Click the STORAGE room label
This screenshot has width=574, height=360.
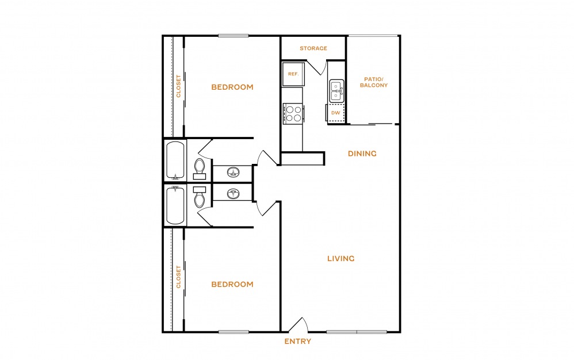click(313, 48)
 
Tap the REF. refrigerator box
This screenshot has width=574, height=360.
click(293, 74)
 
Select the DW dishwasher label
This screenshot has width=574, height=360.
click(336, 113)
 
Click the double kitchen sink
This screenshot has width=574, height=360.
click(336, 91)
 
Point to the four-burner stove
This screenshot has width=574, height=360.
click(293, 114)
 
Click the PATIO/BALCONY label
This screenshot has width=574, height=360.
click(374, 82)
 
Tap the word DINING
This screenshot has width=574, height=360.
click(362, 154)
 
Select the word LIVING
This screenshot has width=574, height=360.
click(341, 259)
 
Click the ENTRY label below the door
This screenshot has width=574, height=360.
click(297, 342)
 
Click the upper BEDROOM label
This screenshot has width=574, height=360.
click(232, 87)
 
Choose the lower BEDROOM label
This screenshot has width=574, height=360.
click(232, 284)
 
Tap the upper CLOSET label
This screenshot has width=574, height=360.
click(179, 86)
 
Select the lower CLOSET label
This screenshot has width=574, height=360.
click(179, 277)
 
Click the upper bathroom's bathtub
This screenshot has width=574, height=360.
click(175, 160)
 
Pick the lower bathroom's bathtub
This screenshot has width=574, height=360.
click(175, 205)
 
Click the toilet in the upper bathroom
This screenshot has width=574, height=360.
click(200, 169)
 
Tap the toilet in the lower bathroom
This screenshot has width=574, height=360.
click(200, 197)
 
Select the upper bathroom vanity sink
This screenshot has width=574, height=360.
click(233, 172)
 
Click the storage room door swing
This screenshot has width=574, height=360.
click(317, 68)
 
